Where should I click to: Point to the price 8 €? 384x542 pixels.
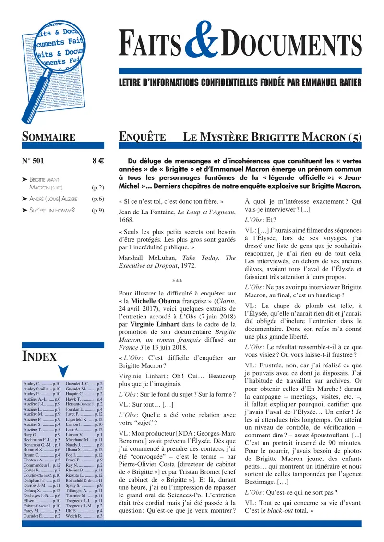[x=98, y=162]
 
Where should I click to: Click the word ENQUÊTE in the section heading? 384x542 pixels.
[x=142, y=137]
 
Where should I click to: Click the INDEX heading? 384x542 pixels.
[x=39, y=356]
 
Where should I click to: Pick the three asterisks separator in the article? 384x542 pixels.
[x=177, y=281]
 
